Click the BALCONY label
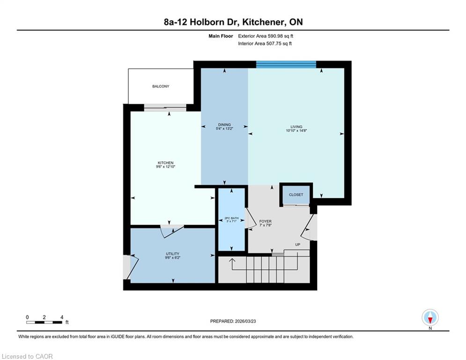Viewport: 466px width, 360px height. [161, 86]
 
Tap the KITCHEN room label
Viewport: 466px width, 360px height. [165, 163]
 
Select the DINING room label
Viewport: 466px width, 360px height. [224, 125]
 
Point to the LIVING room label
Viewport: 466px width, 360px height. [296, 127]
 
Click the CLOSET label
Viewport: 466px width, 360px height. [296, 195]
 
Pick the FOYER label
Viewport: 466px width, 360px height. [266, 221]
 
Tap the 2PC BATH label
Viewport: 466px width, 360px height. [231, 218]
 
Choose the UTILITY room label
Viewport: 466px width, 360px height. [173, 254]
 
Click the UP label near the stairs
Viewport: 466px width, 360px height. [298, 245]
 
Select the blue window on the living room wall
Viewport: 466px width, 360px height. [286, 64]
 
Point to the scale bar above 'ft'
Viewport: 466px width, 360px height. [44, 322]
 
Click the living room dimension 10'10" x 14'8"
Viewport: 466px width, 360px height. [296, 130]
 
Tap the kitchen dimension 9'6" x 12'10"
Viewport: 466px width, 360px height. [165, 166]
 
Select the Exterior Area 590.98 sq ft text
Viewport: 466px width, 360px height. [266, 36]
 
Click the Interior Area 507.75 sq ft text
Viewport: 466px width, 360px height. [265, 44]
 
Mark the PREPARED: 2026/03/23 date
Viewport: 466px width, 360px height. [233, 321]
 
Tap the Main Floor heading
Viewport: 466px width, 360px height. [221, 36]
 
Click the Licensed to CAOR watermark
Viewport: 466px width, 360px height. [27, 356]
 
